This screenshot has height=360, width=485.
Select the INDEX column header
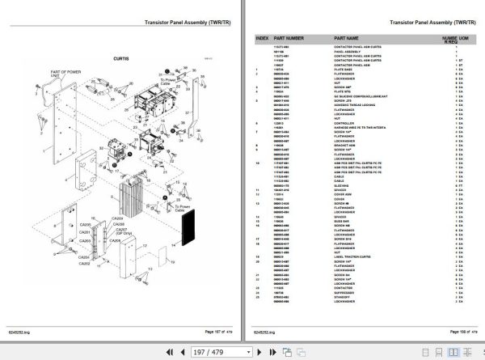(x=262, y=38)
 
